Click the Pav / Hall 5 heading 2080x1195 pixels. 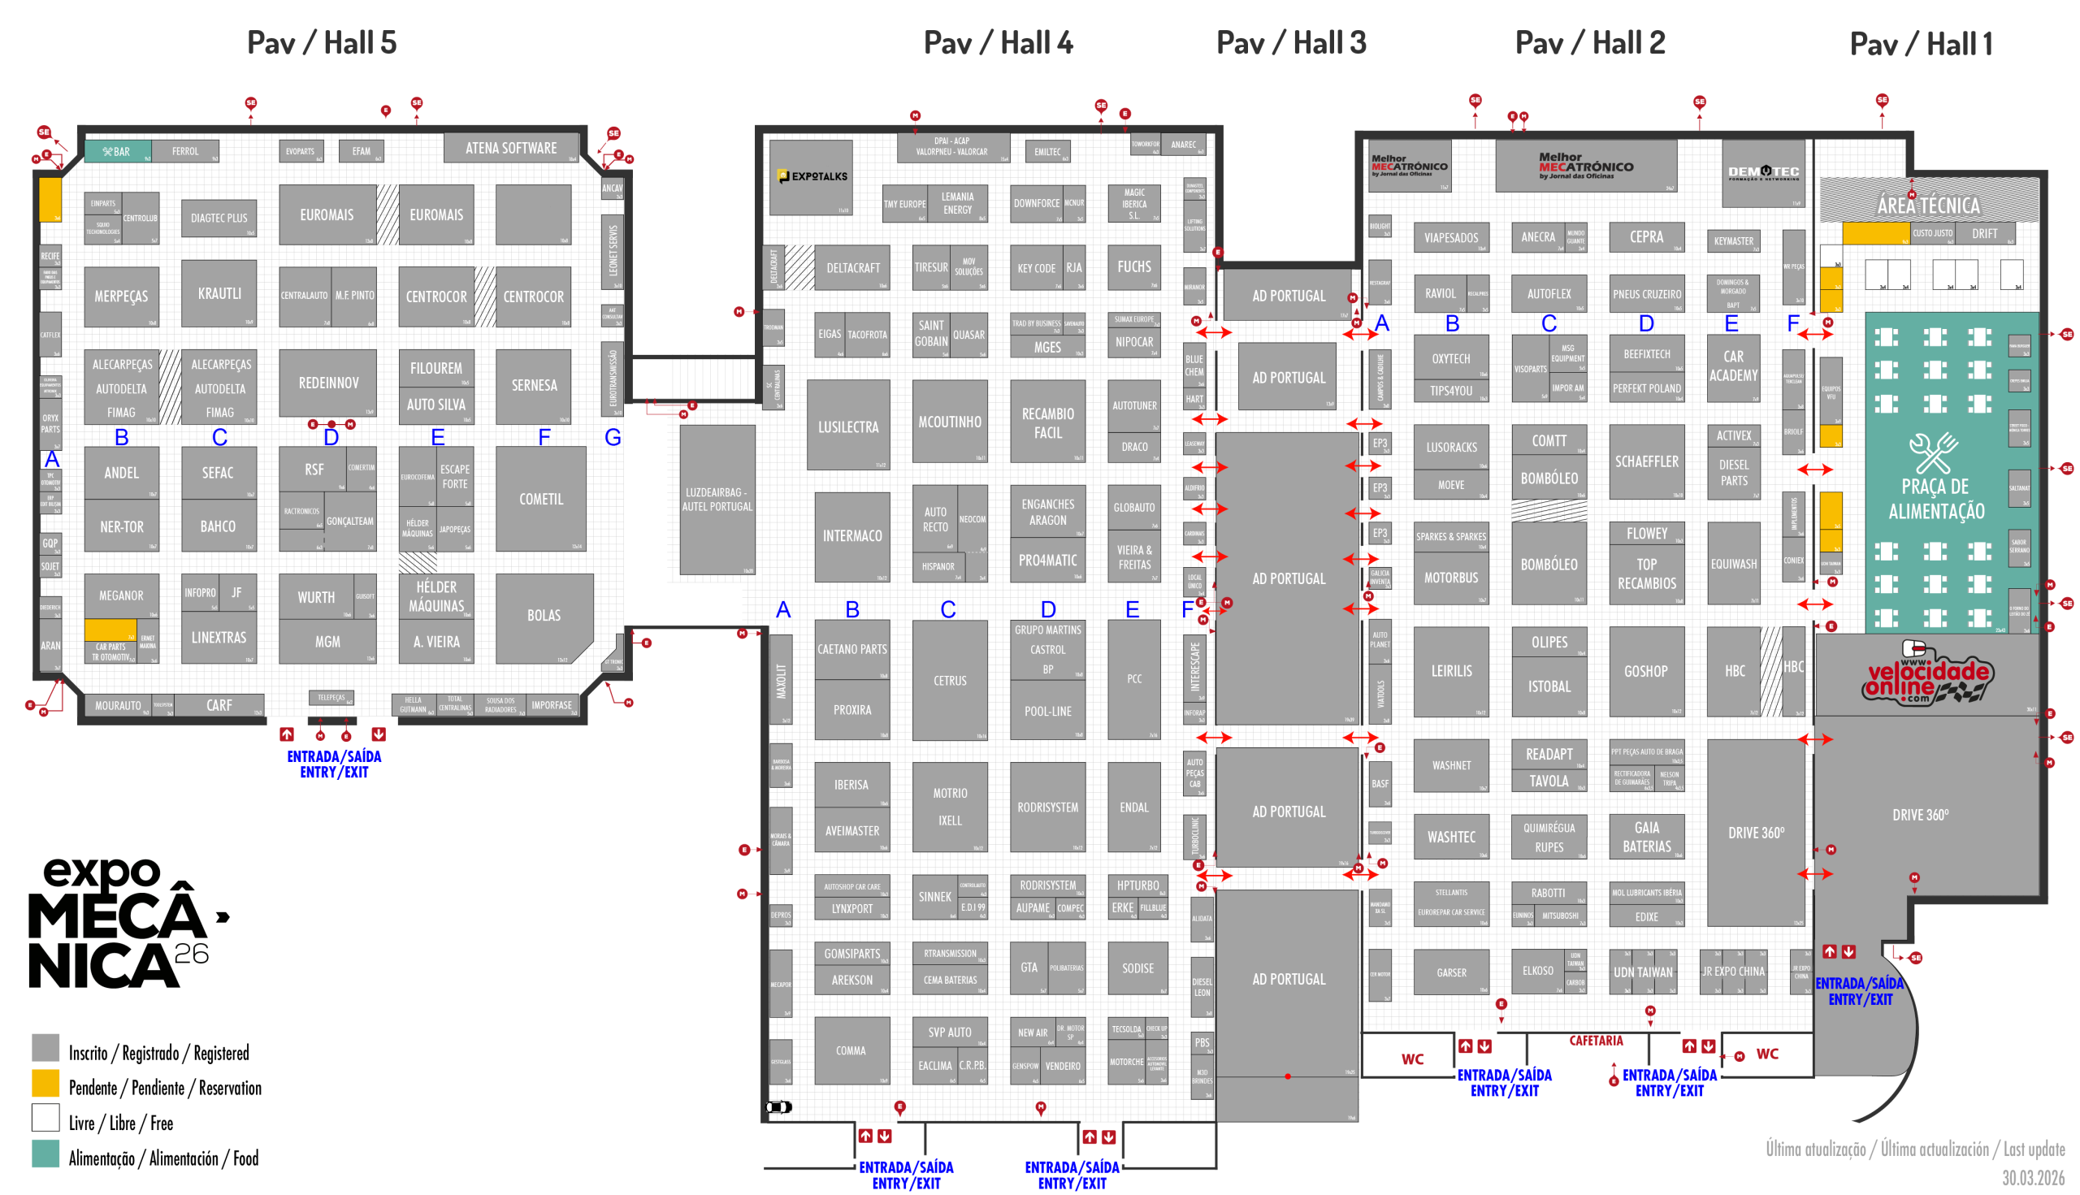click(322, 43)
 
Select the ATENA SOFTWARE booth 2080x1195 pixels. click(510, 148)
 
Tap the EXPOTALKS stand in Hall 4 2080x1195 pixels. click(811, 176)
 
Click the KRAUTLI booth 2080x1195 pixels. click(219, 294)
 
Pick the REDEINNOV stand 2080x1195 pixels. click(327, 383)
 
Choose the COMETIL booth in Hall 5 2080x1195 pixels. click(541, 499)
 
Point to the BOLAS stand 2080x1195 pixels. click(544, 616)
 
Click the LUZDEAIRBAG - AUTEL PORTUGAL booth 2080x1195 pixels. click(717, 500)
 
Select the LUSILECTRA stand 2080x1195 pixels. click(848, 426)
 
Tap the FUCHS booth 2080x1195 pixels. click(1133, 266)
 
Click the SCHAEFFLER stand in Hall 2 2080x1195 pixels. click(1646, 462)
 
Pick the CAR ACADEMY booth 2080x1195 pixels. click(1733, 366)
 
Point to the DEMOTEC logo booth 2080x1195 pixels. click(1762, 172)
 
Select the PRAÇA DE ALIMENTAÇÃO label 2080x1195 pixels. click(1935, 497)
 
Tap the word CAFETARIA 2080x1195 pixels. click(1596, 1041)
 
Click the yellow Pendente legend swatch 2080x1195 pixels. click(45, 1083)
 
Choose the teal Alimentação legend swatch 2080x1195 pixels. click(45, 1153)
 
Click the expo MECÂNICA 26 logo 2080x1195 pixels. click(123, 924)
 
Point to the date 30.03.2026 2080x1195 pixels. click(2032, 1178)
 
